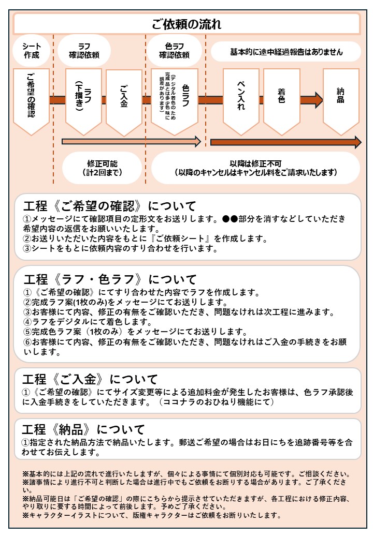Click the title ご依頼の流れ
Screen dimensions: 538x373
(x=187, y=24)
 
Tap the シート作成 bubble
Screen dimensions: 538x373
(x=32, y=51)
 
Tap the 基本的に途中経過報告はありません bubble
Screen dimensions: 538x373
(x=286, y=52)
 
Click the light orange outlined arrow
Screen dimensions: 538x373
(x=131, y=141)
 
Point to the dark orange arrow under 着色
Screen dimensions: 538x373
(x=285, y=143)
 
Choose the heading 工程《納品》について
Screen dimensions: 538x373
(x=83, y=429)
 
